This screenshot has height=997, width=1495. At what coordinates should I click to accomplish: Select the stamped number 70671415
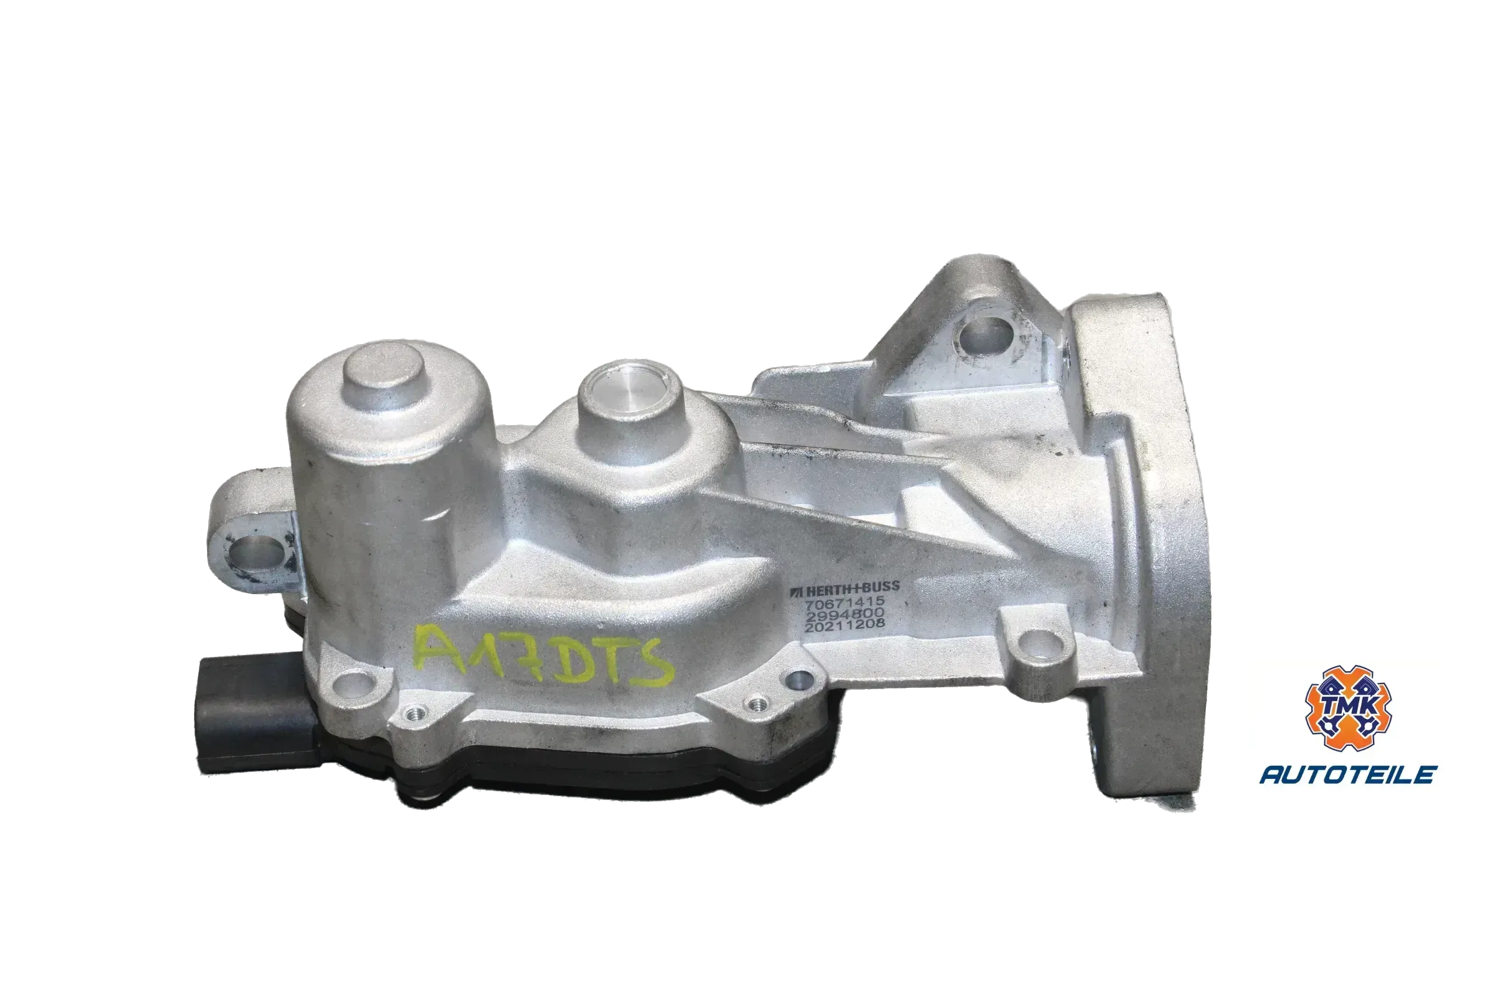tap(845, 601)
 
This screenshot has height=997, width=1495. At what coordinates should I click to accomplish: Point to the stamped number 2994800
tap(845, 614)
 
